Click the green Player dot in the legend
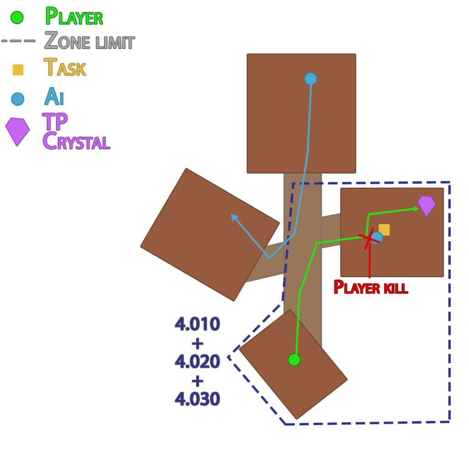click(x=17, y=17)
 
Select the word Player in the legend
click(x=74, y=17)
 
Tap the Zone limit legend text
click(x=89, y=42)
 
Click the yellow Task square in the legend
click(x=18, y=70)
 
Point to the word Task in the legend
click(x=65, y=68)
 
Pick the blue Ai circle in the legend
click(x=17, y=99)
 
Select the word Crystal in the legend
click(x=76, y=142)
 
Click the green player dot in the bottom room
click(x=294, y=360)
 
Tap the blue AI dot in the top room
click(x=311, y=79)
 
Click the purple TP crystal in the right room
click(x=426, y=205)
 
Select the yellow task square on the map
click(x=384, y=229)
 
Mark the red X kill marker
click(x=369, y=238)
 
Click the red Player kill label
click(x=370, y=288)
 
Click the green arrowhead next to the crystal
click(x=416, y=209)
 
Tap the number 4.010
click(x=197, y=324)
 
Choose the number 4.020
click(x=197, y=361)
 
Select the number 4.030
click(x=197, y=399)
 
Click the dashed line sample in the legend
click(x=18, y=41)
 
